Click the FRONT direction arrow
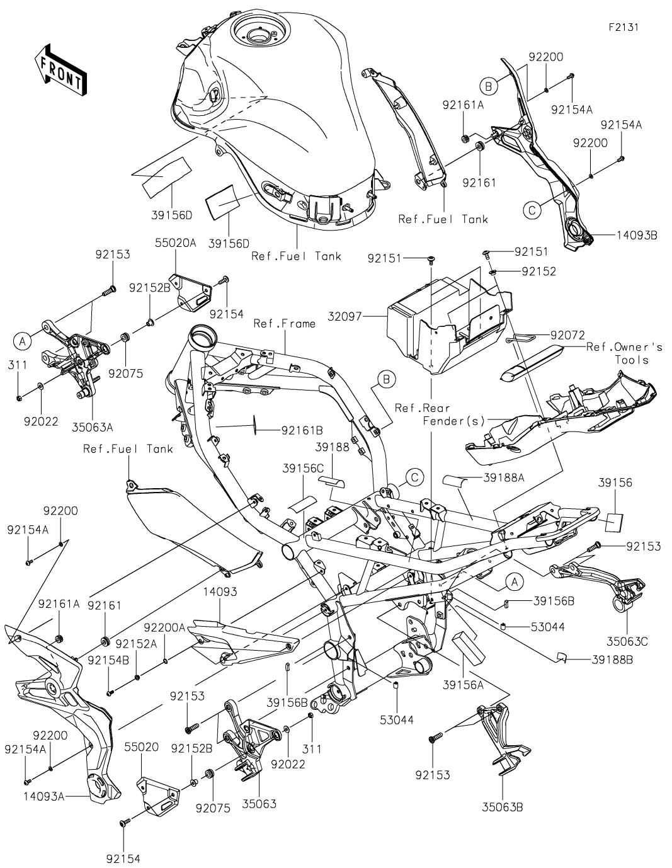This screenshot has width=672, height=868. pos(60,69)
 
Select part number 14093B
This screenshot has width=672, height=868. pos(634,235)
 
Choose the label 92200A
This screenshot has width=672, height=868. pos(164,627)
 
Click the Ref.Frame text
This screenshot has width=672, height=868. pos(284,324)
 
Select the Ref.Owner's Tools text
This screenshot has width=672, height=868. pos(624,353)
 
